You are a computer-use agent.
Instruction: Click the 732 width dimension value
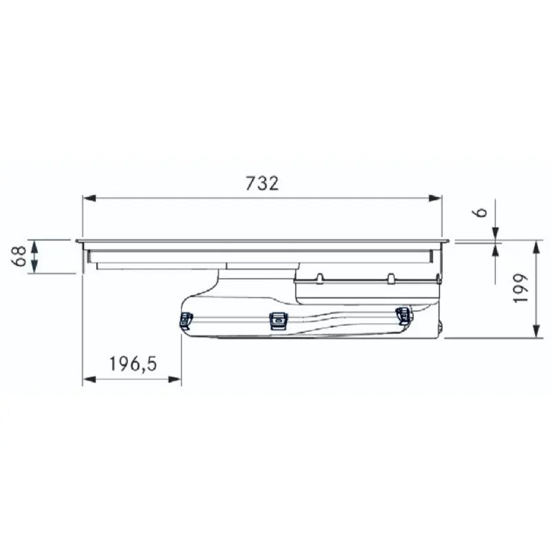(262, 183)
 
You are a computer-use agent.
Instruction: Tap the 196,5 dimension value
(133, 364)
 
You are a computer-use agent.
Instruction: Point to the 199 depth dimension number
(521, 287)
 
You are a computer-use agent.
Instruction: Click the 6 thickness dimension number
(482, 212)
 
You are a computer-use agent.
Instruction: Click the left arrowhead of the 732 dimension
(90, 198)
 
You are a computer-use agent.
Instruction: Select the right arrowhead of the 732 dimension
(435, 198)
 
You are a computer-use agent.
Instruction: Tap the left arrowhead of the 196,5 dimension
(90, 380)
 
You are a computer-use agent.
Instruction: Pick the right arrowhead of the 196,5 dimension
(175, 380)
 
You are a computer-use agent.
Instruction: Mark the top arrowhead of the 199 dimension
(537, 247)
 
